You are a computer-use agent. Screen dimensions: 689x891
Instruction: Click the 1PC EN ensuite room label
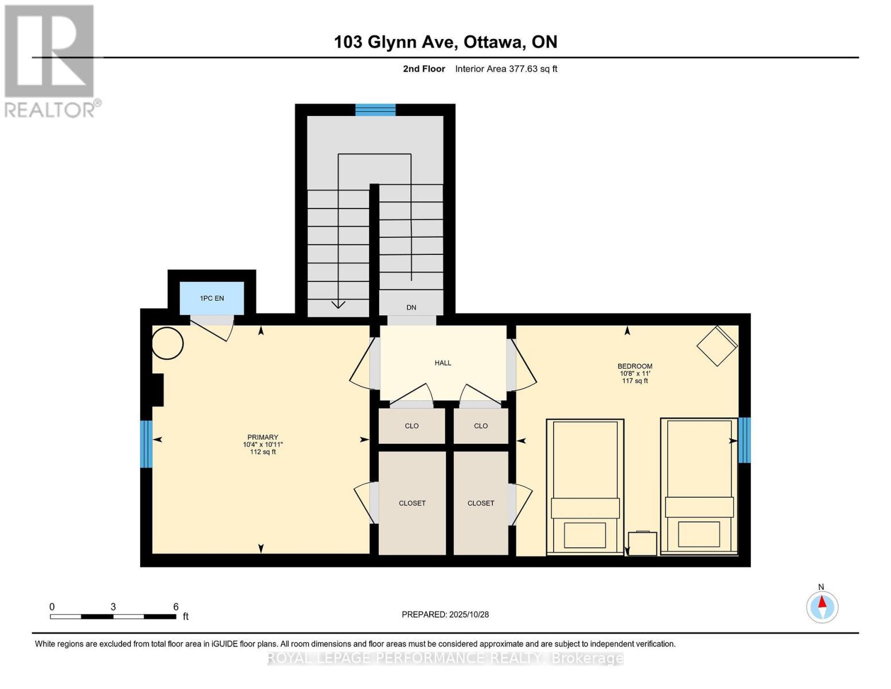(x=212, y=298)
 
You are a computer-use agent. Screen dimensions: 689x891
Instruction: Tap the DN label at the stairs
(x=411, y=308)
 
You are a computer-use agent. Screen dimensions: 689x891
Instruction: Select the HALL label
(x=443, y=363)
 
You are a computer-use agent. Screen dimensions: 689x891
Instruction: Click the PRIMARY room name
(x=263, y=437)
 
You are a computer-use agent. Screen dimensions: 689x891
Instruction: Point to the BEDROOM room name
(x=635, y=366)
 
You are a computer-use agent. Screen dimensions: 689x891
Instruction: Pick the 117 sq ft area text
(x=635, y=381)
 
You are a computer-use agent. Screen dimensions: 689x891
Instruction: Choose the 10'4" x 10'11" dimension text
(x=263, y=444)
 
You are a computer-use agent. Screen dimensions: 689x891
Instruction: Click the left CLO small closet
(x=411, y=426)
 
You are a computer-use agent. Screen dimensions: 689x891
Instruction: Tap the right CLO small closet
(x=481, y=426)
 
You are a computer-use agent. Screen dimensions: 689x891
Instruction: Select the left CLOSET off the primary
(x=412, y=503)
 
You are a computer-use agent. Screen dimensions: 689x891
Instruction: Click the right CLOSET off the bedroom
(x=481, y=503)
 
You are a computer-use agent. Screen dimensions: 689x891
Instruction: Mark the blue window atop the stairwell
(x=375, y=110)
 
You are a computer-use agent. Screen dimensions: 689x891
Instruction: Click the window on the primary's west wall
(x=146, y=444)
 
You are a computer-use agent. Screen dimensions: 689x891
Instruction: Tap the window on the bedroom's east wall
(x=744, y=440)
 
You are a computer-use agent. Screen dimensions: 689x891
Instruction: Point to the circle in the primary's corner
(x=168, y=343)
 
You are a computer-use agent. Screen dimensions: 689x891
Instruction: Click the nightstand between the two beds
(x=643, y=544)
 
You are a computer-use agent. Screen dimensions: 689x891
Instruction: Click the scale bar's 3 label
(x=113, y=607)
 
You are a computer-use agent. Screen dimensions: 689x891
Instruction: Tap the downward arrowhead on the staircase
(x=338, y=304)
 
